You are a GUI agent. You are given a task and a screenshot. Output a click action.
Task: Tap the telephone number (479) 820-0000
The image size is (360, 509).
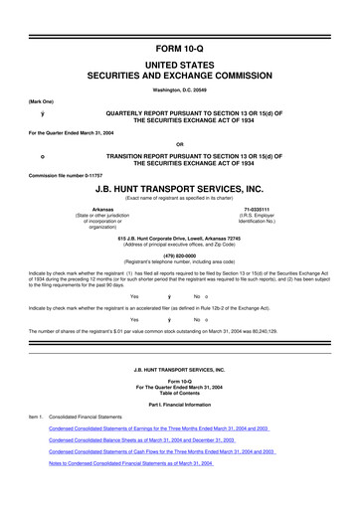(x=180, y=254)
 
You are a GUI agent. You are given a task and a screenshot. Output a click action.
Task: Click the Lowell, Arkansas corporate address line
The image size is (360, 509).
(x=180, y=239)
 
